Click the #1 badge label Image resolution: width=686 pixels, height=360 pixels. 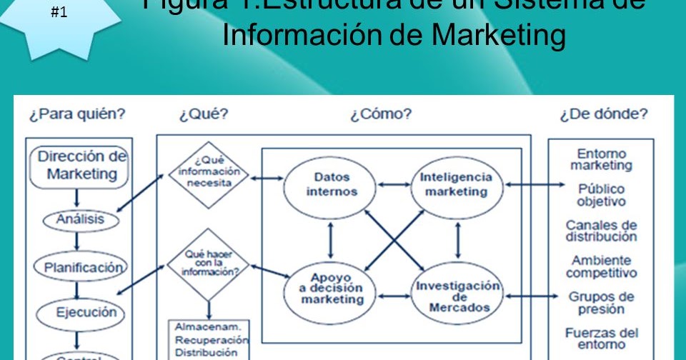60,12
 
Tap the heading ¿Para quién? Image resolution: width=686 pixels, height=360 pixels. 77,114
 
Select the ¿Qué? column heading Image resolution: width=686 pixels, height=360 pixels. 204,114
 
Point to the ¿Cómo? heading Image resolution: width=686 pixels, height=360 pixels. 381,114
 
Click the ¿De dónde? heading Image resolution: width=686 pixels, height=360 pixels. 604,114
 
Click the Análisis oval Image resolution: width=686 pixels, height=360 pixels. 80,219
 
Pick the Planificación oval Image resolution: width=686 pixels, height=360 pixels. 80,268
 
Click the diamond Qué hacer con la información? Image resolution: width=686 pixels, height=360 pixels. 208,264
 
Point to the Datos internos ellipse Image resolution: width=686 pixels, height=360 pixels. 331,184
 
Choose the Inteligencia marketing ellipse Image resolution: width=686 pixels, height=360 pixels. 456,184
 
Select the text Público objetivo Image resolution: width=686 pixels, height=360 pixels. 601,195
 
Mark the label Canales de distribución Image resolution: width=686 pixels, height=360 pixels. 601,231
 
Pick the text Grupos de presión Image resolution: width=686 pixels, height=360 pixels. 601,303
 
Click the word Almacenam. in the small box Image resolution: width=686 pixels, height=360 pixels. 202,326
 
